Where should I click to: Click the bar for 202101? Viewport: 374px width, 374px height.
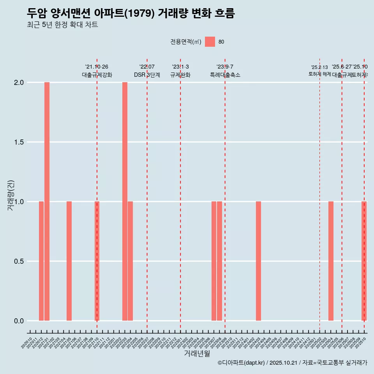coord(47,201)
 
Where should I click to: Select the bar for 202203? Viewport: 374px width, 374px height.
coord(125,201)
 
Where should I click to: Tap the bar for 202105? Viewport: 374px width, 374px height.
coord(69,261)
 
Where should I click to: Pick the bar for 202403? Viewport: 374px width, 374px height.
coord(258,261)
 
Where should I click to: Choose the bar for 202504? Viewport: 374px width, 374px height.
coord(331,261)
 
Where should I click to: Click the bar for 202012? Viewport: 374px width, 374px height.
coord(41,261)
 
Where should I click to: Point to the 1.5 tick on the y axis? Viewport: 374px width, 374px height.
coord(19,142)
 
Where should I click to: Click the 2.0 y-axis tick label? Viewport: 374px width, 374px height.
coord(19,83)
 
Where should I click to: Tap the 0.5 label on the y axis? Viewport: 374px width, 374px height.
coord(19,261)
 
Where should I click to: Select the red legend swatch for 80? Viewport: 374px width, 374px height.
coord(210,42)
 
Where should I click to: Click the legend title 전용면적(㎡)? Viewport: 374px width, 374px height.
coord(186,42)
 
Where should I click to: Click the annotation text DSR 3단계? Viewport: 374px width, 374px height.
coord(147,75)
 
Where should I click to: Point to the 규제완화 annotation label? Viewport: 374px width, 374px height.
coord(180,75)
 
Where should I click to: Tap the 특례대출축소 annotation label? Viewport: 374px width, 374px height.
coord(225,75)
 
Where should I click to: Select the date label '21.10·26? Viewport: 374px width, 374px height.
coord(97,67)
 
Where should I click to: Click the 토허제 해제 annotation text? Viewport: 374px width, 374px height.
coord(319,74)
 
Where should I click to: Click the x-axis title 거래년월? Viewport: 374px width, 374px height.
coord(197,353)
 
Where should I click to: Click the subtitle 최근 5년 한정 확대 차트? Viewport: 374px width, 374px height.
coord(62,25)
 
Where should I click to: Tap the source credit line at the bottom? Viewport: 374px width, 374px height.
coord(292,363)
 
